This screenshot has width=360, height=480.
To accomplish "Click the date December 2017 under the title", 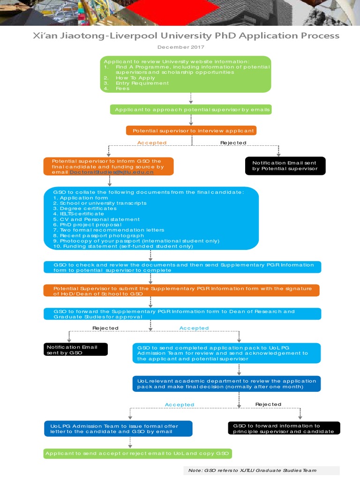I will pyautogui.click(x=180, y=47).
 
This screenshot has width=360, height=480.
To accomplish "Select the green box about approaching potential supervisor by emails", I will pyautogui.click(x=190, y=110).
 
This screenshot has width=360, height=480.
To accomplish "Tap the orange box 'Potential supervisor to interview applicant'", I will pyautogui.click(x=191, y=130).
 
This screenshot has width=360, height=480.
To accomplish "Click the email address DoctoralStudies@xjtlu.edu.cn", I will pyautogui.click(x=112, y=172).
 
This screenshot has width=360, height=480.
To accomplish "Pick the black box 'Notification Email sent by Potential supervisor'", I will pyautogui.click(x=285, y=166).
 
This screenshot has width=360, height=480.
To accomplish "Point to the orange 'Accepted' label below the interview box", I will pyautogui.click(x=151, y=143).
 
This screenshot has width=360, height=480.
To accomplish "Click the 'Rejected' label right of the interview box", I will pyautogui.click(x=233, y=143).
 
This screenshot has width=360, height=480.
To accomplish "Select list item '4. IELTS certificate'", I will pyautogui.click(x=78, y=214).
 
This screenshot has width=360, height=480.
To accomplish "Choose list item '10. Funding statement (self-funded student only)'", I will pyautogui.click(x=123, y=246).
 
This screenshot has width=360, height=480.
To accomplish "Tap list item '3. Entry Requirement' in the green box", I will pyautogui.click(x=136, y=83).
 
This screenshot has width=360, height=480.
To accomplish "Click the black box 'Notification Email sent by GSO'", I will pyautogui.click(x=75, y=350).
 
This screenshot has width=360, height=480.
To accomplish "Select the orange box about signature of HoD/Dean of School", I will pyautogui.click(x=182, y=291).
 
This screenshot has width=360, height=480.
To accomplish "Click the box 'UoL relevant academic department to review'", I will pyautogui.click(x=227, y=384).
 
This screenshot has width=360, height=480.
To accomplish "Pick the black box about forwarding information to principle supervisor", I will pyautogui.click(x=284, y=428).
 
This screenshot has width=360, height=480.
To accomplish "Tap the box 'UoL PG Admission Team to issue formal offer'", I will pyautogui.click(x=118, y=428).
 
